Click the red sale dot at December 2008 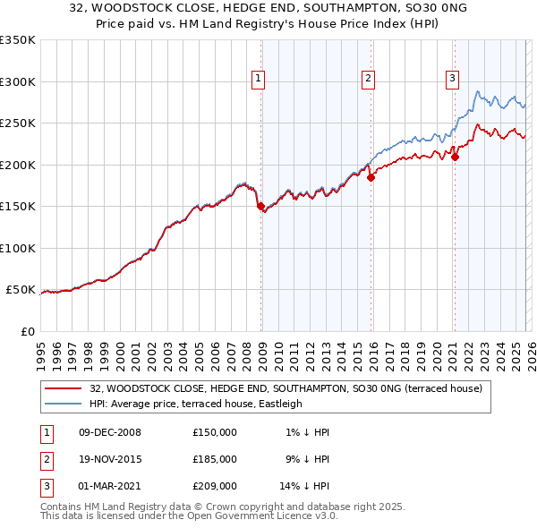point(261,207)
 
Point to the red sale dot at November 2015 point(371,177)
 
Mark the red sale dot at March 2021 point(455,158)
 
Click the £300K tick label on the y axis point(18,81)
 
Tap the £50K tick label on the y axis point(21,290)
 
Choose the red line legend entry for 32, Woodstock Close point(286,388)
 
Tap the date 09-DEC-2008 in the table point(110,432)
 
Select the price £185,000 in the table point(215,459)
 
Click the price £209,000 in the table point(215,486)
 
